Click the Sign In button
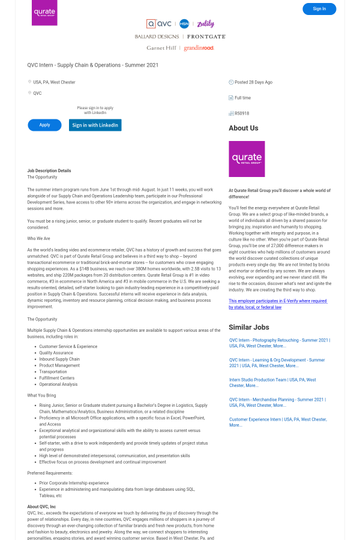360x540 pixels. [x=319, y=9]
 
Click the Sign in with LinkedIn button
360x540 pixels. [x=95, y=125]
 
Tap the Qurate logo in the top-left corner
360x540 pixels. [x=44, y=13]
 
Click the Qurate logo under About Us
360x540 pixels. [x=247, y=159]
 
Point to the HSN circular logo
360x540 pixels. [x=184, y=24]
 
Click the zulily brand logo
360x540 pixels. [x=205, y=24]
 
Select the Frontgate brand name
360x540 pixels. [x=206, y=37]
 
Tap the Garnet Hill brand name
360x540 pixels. [x=161, y=48]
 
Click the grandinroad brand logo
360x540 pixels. [x=199, y=48]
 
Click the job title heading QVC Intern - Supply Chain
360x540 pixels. [x=93, y=65]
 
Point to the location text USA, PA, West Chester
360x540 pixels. [x=54, y=82]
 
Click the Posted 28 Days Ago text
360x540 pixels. [x=253, y=82]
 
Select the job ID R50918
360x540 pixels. [x=242, y=113]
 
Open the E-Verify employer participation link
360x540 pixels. [x=278, y=304]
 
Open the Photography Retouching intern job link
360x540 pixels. [x=279, y=343]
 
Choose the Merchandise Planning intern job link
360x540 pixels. [x=277, y=402]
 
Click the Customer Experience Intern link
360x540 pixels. [x=277, y=422]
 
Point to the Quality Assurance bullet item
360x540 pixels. [x=56, y=353]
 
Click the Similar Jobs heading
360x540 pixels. [x=248, y=328]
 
